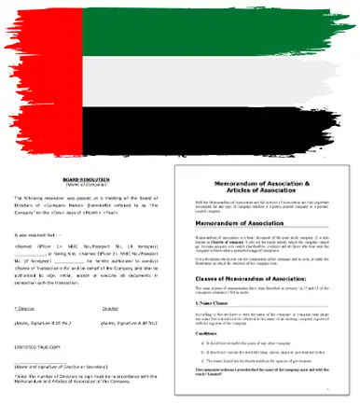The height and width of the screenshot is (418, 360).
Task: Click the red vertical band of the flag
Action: (x=42, y=84)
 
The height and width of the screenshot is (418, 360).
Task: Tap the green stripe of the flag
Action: (x=215, y=33)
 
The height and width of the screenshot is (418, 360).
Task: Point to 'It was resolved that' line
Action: (x=35, y=236)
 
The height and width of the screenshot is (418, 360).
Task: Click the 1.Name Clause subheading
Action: (x=215, y=329)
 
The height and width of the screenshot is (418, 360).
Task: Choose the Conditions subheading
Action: (x=210, y=359)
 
